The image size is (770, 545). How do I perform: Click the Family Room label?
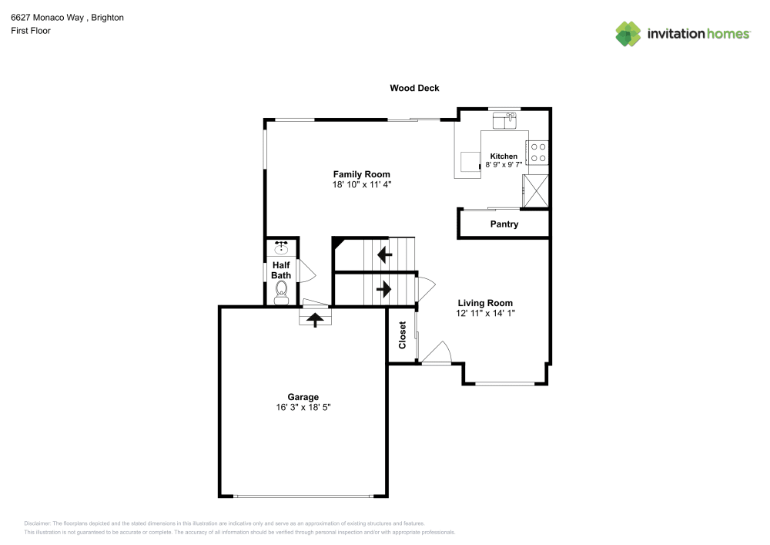(361, 174)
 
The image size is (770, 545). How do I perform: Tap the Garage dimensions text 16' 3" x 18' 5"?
(303, 407)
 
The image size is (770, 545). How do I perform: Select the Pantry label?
(504, 224)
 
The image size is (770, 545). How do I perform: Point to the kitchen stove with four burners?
(537, 153)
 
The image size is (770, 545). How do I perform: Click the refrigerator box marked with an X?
(535, 190)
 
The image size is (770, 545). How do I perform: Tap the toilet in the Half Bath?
(281, 291)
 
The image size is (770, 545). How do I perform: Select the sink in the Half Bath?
(281, 247)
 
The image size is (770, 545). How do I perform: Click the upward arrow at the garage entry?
(314, 318)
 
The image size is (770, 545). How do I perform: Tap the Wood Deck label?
(414, 89)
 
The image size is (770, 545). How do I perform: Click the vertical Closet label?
(402, 335)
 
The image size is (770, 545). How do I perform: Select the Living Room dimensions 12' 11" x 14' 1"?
(485, 313)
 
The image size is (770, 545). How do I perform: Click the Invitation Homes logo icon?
(628, 33)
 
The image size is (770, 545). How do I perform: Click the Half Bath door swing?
(306, 271)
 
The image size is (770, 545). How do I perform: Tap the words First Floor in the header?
(31, 31)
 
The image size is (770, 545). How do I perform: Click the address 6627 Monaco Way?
(47, 17)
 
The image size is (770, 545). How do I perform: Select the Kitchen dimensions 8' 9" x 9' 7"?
(504, 164)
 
